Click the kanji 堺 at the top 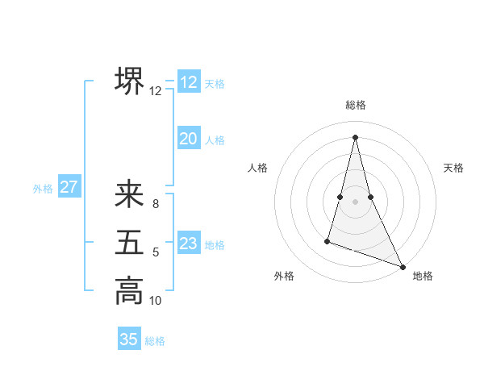(x=129, y=81)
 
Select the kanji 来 (x=129, y=195)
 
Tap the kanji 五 (x=129, y=243)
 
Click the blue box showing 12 (x=189, y=82)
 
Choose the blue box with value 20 (x=189, y=139)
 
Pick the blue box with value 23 (x=189, y=244)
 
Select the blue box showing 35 (x=129, y=339)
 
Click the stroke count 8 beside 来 (x=156, y=204)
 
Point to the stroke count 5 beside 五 (x=156, y=252)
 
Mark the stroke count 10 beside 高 (x=156, y=301)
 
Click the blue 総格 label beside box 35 (x=155, y=341)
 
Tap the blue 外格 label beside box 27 (x=43, y=189)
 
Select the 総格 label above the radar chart (x=356, y=105)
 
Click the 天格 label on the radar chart (x=454, y=168)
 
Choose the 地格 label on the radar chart (x=423, y=276)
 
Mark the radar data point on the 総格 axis (x=355, y=137)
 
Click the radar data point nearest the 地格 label (x=403, y=267)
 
